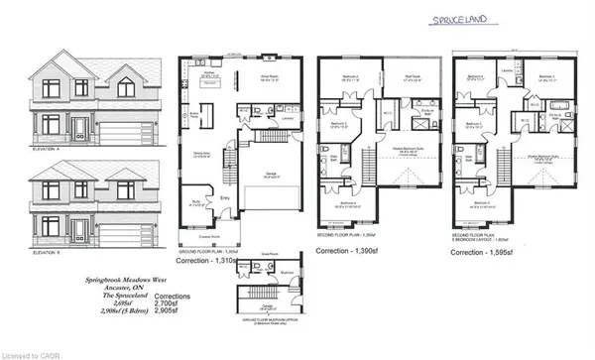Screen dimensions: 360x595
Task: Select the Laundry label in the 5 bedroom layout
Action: (x=507, y=70)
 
